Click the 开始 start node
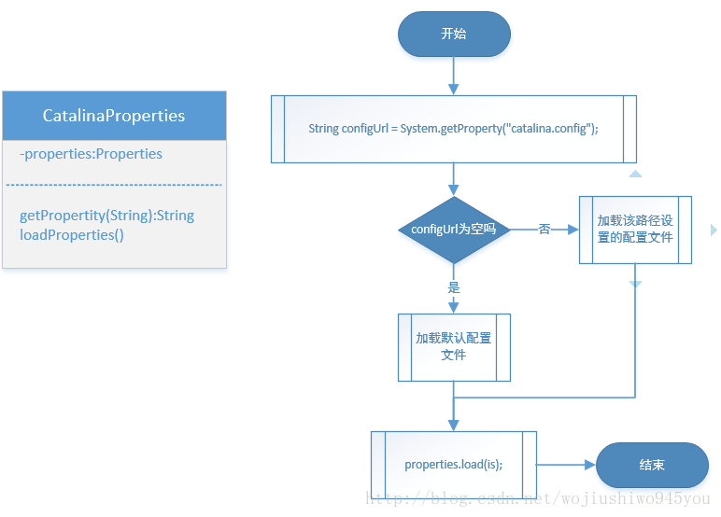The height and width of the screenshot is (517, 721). click(454, 34)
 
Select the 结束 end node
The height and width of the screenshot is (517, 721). click(652, 464)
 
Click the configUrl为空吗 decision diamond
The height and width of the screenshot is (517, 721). click(454, 230)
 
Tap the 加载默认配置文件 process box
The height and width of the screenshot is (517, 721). click(454, 346)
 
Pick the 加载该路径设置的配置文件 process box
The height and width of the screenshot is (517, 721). click(635, 230)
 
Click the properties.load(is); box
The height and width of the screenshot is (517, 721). click(454, 464)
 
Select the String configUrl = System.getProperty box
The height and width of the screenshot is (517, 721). click(454, 129)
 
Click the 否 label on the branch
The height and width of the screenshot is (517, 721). click(544, 230)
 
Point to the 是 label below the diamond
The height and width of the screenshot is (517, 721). click(454, 287)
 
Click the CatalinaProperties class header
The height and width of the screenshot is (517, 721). click(114, 116)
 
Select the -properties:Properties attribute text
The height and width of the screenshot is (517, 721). click(91, 154)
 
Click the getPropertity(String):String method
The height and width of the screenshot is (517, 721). click(106, 216)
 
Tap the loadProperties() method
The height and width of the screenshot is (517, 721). click(71, 235)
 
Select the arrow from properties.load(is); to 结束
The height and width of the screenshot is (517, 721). click(567, 464)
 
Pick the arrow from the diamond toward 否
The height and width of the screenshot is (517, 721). click(563, 230)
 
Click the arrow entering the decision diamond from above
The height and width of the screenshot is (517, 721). click(454, 180)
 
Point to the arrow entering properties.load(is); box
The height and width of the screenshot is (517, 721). click(454, 417)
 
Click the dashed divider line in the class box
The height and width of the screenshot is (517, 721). click(114, 185)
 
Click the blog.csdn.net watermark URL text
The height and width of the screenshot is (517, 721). click(537, 500)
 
